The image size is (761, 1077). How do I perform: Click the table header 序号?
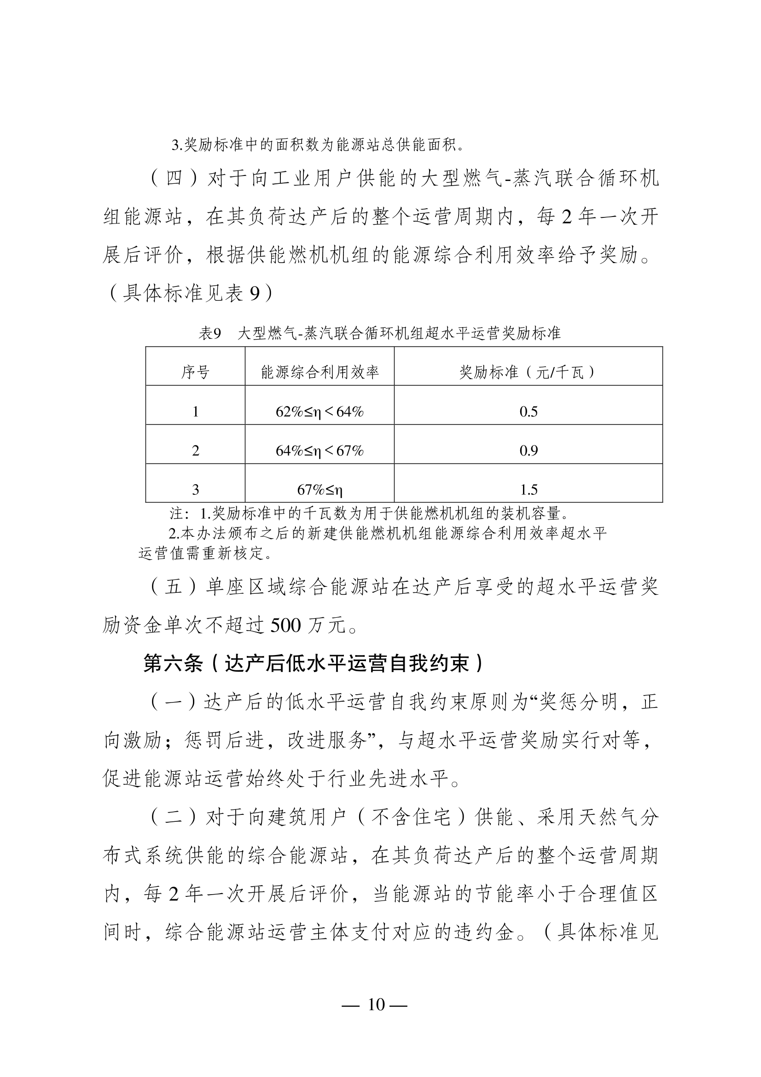pos(195,373)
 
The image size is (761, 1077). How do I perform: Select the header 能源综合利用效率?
pos(320,373)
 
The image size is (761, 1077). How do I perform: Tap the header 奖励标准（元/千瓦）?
pos(528,373)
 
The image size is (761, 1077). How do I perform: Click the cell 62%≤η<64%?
pos(320,412)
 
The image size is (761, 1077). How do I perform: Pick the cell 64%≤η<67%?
pos(320,451)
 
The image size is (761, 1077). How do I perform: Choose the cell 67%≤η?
pos(320,490)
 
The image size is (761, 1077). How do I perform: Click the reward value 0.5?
pos(529,412)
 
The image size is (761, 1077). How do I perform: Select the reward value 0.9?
pos(529,451)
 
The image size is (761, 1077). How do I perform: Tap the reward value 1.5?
pos(529,490)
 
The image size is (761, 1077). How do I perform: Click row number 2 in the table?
pos(196,451)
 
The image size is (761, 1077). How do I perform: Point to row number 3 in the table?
pos(196,490)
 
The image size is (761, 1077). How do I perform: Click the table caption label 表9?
pos(209,334)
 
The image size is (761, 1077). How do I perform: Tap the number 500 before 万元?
pos(285,625)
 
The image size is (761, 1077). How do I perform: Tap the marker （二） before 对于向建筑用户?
pos(174,818)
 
